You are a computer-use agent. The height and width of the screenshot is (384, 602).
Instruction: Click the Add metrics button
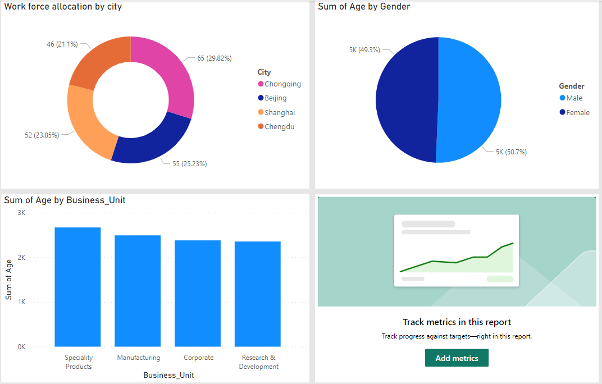pyautogui.click(x=457, y=358)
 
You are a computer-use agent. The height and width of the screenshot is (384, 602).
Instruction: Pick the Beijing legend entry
pyautogui.click(x=276, y=98)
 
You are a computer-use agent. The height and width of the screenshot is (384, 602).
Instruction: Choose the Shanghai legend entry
pyautogui.click(x=280, y=112)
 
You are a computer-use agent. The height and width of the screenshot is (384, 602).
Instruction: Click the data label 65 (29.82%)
pyautogui.click(x=214, y=58)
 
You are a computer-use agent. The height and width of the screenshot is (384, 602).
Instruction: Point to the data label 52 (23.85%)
pyautogui.click(x=42, y=135)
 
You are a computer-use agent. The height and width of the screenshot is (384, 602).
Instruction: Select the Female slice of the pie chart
pyautogui.click(x=404, y=101)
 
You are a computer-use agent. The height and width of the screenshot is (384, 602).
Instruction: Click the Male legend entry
pyautogui.click(x=574, y=98)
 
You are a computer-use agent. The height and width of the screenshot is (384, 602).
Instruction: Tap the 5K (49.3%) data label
pyautogui.click(x=364, y=50)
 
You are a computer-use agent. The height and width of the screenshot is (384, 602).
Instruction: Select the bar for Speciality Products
pyautogui.click(x=77, y=287)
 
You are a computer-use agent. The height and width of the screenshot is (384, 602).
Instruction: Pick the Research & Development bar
pyautogui.click(x=258, y=294)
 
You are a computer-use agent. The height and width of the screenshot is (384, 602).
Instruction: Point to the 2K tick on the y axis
pyautogui.click(x=21, y=258)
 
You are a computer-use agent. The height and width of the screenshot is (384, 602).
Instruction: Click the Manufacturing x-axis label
pyautogui.click(x=139, y=358)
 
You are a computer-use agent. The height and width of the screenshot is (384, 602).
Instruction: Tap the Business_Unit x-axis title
pyautogui.click(x=168, y=375)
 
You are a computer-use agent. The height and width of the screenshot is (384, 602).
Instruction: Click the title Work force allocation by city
pyautogui.click(x=63, y=7)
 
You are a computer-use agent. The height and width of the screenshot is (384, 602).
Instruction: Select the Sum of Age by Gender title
pyautogui.click(x=364, y=7)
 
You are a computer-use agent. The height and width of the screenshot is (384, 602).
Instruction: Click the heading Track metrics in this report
pyautogui.click(x=457, y=322)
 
